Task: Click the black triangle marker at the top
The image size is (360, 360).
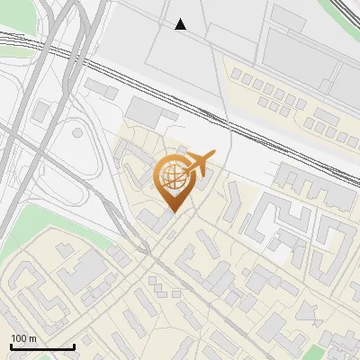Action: (x=181, y=24)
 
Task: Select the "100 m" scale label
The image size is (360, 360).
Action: (x=23, y=338)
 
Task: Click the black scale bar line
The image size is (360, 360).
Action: (x=42, y=346)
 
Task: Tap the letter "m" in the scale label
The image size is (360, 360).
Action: (x=32, y=338)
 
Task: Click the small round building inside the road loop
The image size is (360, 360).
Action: (x=77, y=133)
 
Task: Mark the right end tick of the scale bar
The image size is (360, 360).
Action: (x=74, y=346)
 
